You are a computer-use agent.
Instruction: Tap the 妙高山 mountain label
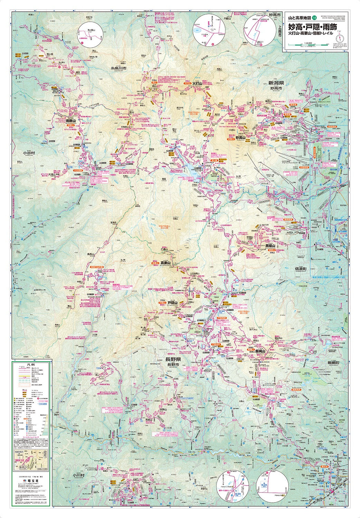coord(240,137)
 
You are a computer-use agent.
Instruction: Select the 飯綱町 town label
coord(334,363)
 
